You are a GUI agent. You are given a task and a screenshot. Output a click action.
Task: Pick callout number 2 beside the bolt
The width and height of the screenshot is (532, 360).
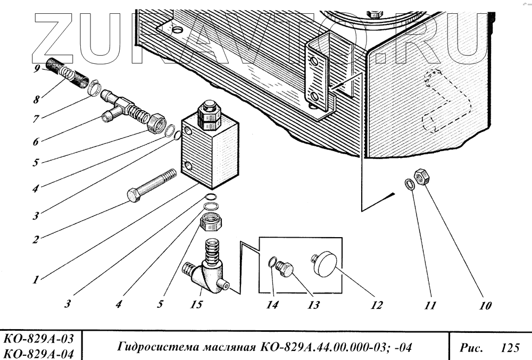(x=35, y=239)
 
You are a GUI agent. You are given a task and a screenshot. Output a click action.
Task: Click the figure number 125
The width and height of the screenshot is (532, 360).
(x=510, y=348)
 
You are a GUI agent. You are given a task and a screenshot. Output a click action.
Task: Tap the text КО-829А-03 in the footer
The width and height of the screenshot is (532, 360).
(x=39, y=338)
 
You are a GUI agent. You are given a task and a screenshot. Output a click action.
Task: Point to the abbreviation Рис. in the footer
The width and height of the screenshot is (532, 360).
(x=471, y=348)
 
